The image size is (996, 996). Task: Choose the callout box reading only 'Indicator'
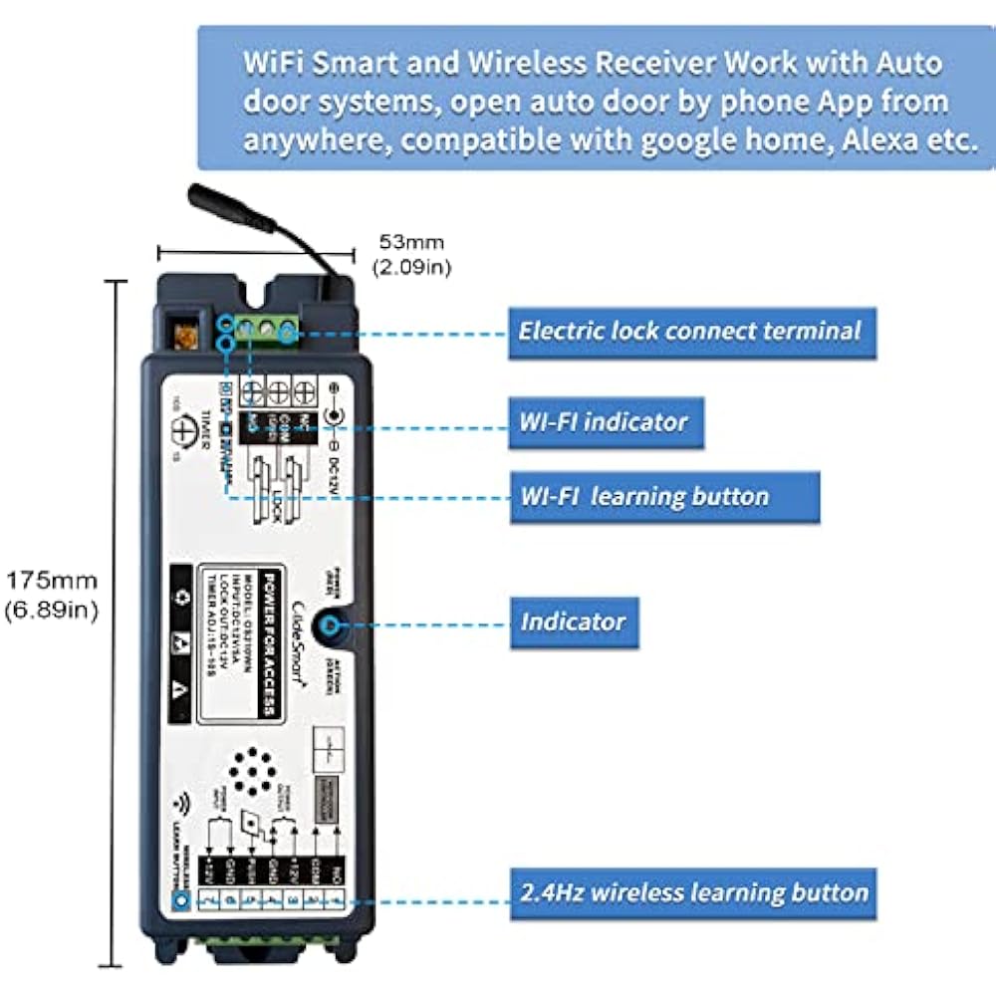(x=573, y=622)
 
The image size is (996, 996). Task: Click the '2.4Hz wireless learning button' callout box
(x=693, y=891)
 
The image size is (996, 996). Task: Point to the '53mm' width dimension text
(x=409, y=242)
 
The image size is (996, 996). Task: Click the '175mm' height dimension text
(x=51, y=579)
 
